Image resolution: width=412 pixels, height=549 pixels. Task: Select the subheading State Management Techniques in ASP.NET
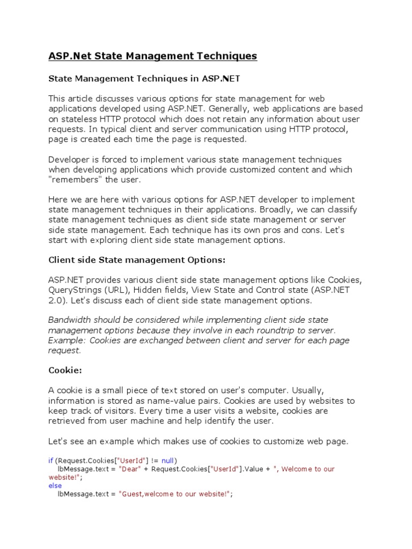click(x=144, y=78)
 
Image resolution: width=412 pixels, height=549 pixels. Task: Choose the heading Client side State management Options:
click(x=137, y=260)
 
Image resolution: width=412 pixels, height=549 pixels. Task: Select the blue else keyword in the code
click(x=55, y=486)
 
